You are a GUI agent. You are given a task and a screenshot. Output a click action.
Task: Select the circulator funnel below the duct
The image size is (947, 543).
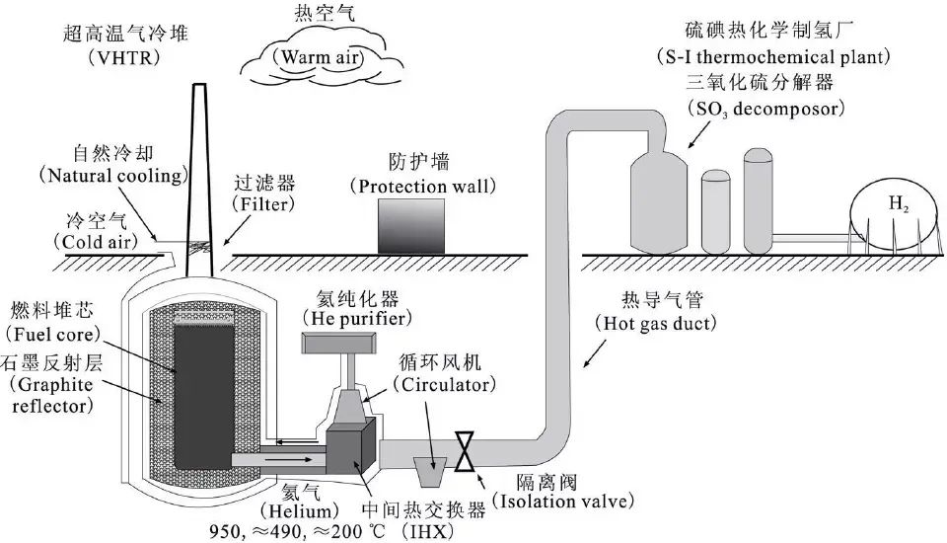pyautogui.click(x=426, y=471)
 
